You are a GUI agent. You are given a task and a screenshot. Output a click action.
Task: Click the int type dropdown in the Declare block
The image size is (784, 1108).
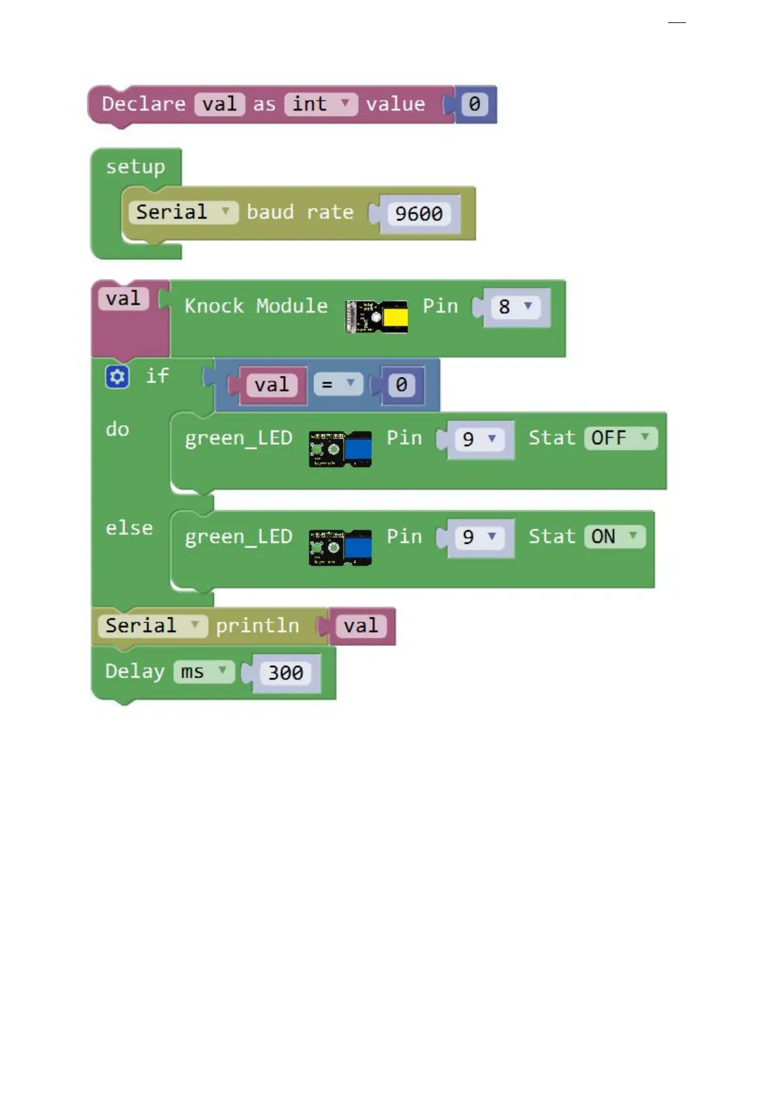(x=321, y=104)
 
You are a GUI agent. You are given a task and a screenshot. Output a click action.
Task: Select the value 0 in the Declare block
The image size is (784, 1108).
(x=474, y=104)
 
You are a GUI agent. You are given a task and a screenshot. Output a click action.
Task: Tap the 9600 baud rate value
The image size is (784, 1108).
(x=419, y=214)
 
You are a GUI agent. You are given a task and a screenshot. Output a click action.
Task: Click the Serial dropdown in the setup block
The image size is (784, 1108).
(x=182, y=212)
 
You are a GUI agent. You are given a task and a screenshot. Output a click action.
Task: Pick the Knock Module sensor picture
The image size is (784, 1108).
(x=377, y=316)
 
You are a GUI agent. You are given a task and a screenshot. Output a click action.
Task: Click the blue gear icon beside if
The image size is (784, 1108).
(x=117, y=377)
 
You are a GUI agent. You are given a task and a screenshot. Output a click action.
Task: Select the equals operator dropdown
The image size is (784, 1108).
(x=338, y=384)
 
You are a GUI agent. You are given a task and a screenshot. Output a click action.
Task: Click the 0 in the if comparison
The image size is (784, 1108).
(x=401, y=385)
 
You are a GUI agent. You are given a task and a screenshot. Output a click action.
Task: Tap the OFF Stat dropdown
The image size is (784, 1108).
(x=620, y=438)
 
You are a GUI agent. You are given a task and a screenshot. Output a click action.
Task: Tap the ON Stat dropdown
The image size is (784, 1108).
(x=614, y=537)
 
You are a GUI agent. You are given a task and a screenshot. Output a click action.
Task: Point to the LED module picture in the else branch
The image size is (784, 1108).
(x=340, y=547)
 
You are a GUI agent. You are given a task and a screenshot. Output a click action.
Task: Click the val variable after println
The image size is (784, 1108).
(x=361, y=626)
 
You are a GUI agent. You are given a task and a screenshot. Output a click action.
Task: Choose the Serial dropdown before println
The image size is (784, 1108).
(x=152, y=626)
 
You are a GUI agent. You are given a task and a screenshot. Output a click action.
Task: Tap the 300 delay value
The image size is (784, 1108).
(x=286, y=672)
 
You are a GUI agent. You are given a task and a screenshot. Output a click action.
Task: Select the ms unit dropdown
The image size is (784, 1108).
(x=203, y=672)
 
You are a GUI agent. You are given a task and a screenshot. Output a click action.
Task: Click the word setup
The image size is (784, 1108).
(x=136, y=167)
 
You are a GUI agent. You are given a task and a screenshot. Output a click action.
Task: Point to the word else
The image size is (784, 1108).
(x=129, y=528)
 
